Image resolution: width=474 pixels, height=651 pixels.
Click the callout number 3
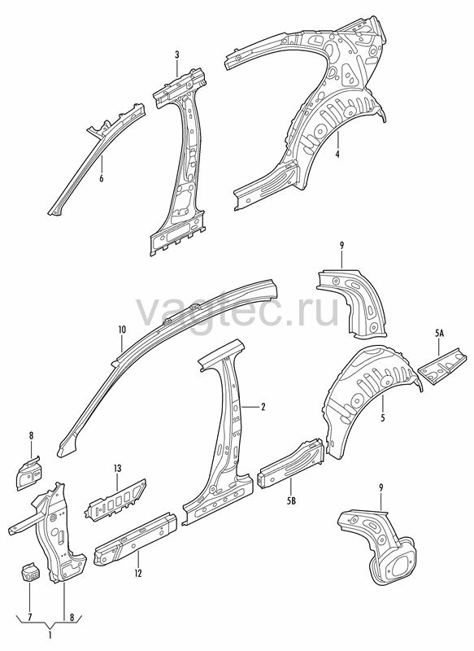pyautogui.click(x=177, y=55)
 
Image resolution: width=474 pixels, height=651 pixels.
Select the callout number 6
pyautogui.click(x=101, y=178)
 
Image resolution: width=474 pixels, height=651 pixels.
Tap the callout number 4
pyautogui.click(x=337, y=154)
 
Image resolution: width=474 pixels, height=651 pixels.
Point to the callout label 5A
pyautogui.click(x=439, y=333)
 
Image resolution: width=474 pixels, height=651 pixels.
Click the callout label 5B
pyautogui.click(x=291, y=501)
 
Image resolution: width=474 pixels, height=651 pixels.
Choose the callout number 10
pyautogui.click(x=122, y=330)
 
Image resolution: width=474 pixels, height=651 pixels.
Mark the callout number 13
pyautogui.click(x=117, y=469)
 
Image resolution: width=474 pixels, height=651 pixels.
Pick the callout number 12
pyautogui.click(x=138, y=574)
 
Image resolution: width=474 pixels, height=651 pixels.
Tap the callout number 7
pyautogui.click(x=29, y=618)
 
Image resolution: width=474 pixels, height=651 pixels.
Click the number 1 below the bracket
pyautogui.click(x=50, y=635)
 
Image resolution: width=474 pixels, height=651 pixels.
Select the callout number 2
pyautogui.click(x=263, y=406)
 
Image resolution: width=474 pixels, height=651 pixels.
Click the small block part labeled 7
pyautogui.click(x=30, y=572)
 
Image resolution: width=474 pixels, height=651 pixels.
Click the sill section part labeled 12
pyautogui.click(x=136, y=538)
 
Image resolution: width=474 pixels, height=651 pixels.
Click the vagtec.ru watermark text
pyautogui.click(x=237, y=311)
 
